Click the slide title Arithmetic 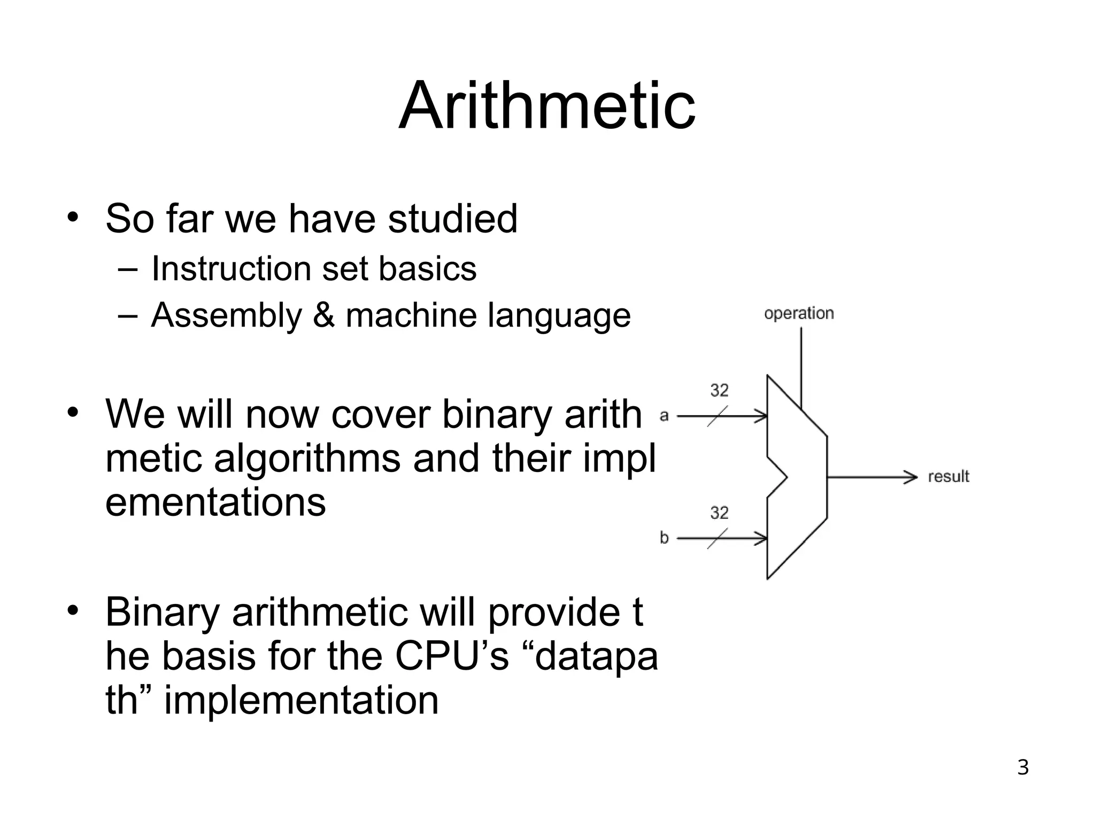coord(547,105)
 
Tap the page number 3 coord(1022,768)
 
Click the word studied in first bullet coord(452,219)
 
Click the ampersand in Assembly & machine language coord(323,315)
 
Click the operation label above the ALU coord(799,313)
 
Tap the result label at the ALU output coord(948,476)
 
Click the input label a coord(664,415)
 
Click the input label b coord(664,537)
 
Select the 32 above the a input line coord(719,390)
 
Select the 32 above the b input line coord(719,513)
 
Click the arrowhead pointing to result coord(911,476)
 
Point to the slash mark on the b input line coord(718,538)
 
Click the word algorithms coord(306,459)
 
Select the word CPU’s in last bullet coord(452,656)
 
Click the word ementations coord(215,503)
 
